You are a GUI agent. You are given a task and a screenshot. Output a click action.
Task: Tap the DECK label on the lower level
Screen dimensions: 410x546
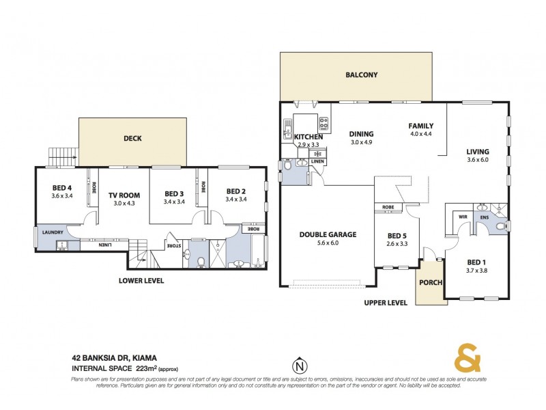[132, 139]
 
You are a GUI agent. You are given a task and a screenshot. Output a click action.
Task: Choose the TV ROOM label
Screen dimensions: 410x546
[124, 195]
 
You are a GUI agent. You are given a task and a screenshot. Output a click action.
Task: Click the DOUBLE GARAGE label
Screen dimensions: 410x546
[328, 235]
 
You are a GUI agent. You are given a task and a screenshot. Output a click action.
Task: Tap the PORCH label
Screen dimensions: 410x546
[431, 284]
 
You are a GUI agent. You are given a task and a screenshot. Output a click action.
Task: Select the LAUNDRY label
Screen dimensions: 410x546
[53, 232]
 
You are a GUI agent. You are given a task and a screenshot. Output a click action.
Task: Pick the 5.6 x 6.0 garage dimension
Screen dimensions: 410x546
[328, 243]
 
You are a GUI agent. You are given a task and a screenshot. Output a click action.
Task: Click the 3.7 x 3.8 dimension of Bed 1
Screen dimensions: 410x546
[478, 270]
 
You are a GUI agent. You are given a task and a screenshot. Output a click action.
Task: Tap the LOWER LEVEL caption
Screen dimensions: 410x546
[141, 280]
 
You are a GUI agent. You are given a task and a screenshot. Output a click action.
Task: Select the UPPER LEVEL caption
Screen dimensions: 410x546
[385, 303]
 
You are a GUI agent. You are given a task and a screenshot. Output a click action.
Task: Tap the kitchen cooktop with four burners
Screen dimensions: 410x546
[324, 124]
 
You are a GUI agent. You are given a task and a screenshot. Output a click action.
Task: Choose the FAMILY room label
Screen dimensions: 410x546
[421, 126]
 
